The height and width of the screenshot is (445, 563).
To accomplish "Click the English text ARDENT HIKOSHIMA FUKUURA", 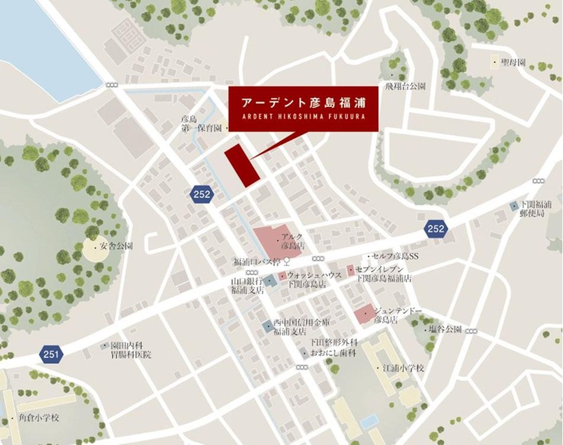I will [x=303, y=116].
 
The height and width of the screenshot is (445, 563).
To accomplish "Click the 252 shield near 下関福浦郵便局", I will [x=435, y=228].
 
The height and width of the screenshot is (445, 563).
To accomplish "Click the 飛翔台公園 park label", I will [x=405, y=86].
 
